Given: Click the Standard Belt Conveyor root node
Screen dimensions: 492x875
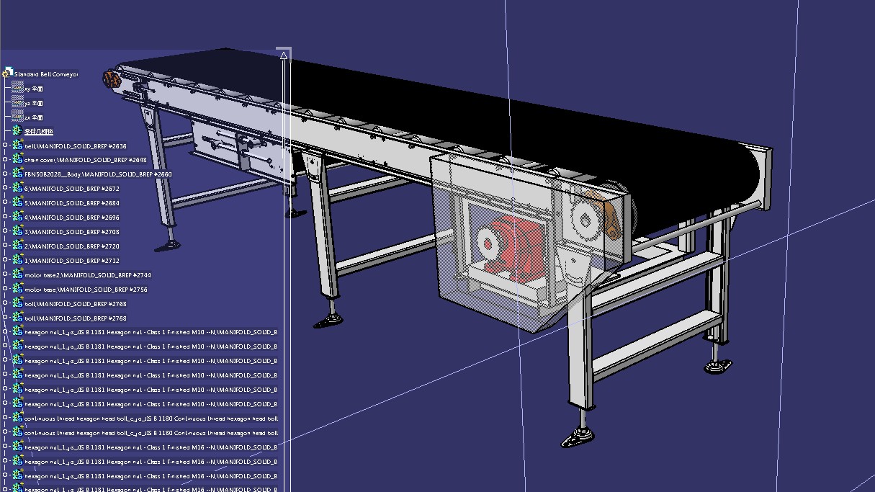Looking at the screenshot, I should (x=45, y=74).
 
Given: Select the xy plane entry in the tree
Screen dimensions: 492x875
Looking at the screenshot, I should (x=33, y=89).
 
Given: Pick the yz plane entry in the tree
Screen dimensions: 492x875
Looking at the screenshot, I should (x=33, y=104).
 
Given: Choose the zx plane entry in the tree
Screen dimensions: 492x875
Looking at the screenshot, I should (x=33, y=117).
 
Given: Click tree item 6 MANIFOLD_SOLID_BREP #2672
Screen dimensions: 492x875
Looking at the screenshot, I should (x=72, y=189).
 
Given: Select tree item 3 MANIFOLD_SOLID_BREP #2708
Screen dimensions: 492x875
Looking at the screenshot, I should (x=72, y=232).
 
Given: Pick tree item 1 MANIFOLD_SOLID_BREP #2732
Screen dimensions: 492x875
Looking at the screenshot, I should (x=72, y=261).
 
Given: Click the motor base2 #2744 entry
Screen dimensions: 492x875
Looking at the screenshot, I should (x=87, y=275).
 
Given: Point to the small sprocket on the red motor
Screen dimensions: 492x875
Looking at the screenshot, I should (x=488, y=243).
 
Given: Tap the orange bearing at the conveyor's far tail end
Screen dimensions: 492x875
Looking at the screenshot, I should (x=110, y=79).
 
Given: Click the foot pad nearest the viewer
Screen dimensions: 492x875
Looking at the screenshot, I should (x=579, y=437).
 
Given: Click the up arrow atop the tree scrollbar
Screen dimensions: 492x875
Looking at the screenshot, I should (x=284, y=55).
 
